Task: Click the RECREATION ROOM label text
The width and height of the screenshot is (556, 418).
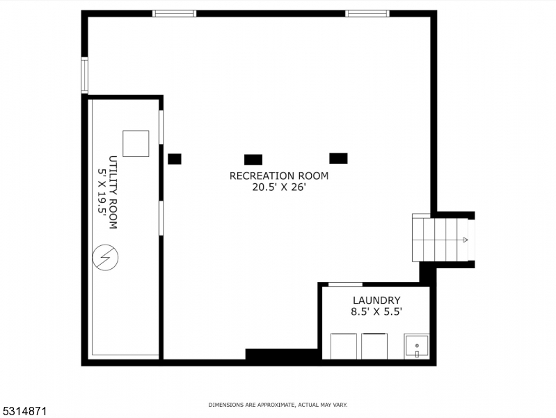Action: click(x=278, y=176)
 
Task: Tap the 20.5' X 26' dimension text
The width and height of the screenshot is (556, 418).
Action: click(x=278, y=187)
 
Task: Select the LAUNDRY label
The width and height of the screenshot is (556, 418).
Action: click(x=376, y=300)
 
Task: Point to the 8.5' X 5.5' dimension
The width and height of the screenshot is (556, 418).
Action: click(x=376, y=312)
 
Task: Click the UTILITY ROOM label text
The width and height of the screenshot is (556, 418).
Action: click(x=112, y=192)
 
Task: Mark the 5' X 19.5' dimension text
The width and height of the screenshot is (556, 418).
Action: click(x=101, y=192)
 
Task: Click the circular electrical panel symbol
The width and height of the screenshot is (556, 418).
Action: click(x=105, y=259)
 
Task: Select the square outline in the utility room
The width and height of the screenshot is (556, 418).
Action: click(x=136, y=144)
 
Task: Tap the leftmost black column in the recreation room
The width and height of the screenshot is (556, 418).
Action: click(x=175, y=159)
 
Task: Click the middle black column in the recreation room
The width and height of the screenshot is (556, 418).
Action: click(x=253, y=160)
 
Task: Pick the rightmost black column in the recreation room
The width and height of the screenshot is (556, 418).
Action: click(x=338, y=158)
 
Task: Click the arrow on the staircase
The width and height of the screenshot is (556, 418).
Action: click(x=464, y=240)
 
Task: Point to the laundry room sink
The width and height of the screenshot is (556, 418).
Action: click(x=417, y=346)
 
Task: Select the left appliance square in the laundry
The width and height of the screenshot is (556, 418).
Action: click(x=344, y=346)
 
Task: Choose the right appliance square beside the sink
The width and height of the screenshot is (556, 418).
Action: click(x=374, y=346)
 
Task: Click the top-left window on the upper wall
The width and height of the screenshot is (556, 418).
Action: click(x=174, y=13)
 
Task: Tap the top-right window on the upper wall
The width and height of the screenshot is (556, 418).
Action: click(x=367, y=13)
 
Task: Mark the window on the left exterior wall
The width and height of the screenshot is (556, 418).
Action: click(x=84, y=75)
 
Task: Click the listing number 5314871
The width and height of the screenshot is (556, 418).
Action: click(x=24, y=411)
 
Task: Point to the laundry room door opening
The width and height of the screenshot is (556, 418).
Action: click(x=345, y=284)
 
